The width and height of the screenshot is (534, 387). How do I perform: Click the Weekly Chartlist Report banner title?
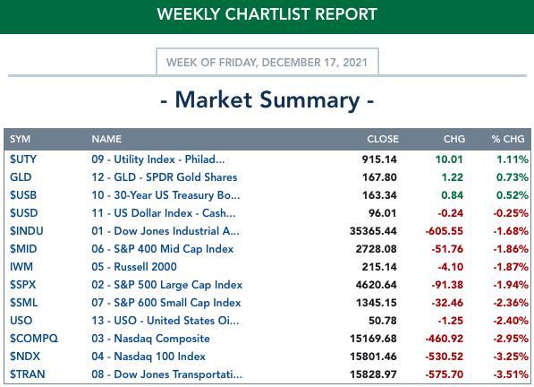pos(267,14)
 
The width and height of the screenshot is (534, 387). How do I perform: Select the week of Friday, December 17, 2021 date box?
pos(267,62)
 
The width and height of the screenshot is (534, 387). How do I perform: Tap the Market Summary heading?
pos(267,100)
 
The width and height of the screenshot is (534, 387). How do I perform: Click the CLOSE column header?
pos(383,139)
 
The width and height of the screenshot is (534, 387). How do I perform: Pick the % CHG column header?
pos(508,139)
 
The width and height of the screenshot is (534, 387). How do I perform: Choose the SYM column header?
pos(20,139)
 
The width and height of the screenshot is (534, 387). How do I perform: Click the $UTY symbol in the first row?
pos(23,159)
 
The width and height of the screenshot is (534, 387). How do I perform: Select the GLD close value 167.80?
pos(379,177)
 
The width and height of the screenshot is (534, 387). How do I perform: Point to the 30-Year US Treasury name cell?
pos(165,195)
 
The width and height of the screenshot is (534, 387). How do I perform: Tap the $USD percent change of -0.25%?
pos(511,213)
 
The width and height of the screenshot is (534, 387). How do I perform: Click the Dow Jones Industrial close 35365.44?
pos(373,231)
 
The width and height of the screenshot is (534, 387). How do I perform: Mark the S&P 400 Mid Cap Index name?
pos(163,249)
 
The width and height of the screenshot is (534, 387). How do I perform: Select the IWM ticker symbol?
pos(21,267)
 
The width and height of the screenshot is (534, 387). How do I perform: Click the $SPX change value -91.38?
pos(447,285)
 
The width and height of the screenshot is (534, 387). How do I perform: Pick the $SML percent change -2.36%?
pos(511,303)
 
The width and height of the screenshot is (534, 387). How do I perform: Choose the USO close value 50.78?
pos(383,321)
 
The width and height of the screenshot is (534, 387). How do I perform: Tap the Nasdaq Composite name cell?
pos(150,339)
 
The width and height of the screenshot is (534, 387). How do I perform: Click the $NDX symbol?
pos(25,357)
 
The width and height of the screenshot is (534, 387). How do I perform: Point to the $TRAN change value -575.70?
pos(444,374)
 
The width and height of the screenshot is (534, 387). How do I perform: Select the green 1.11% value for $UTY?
pos(513,159)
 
